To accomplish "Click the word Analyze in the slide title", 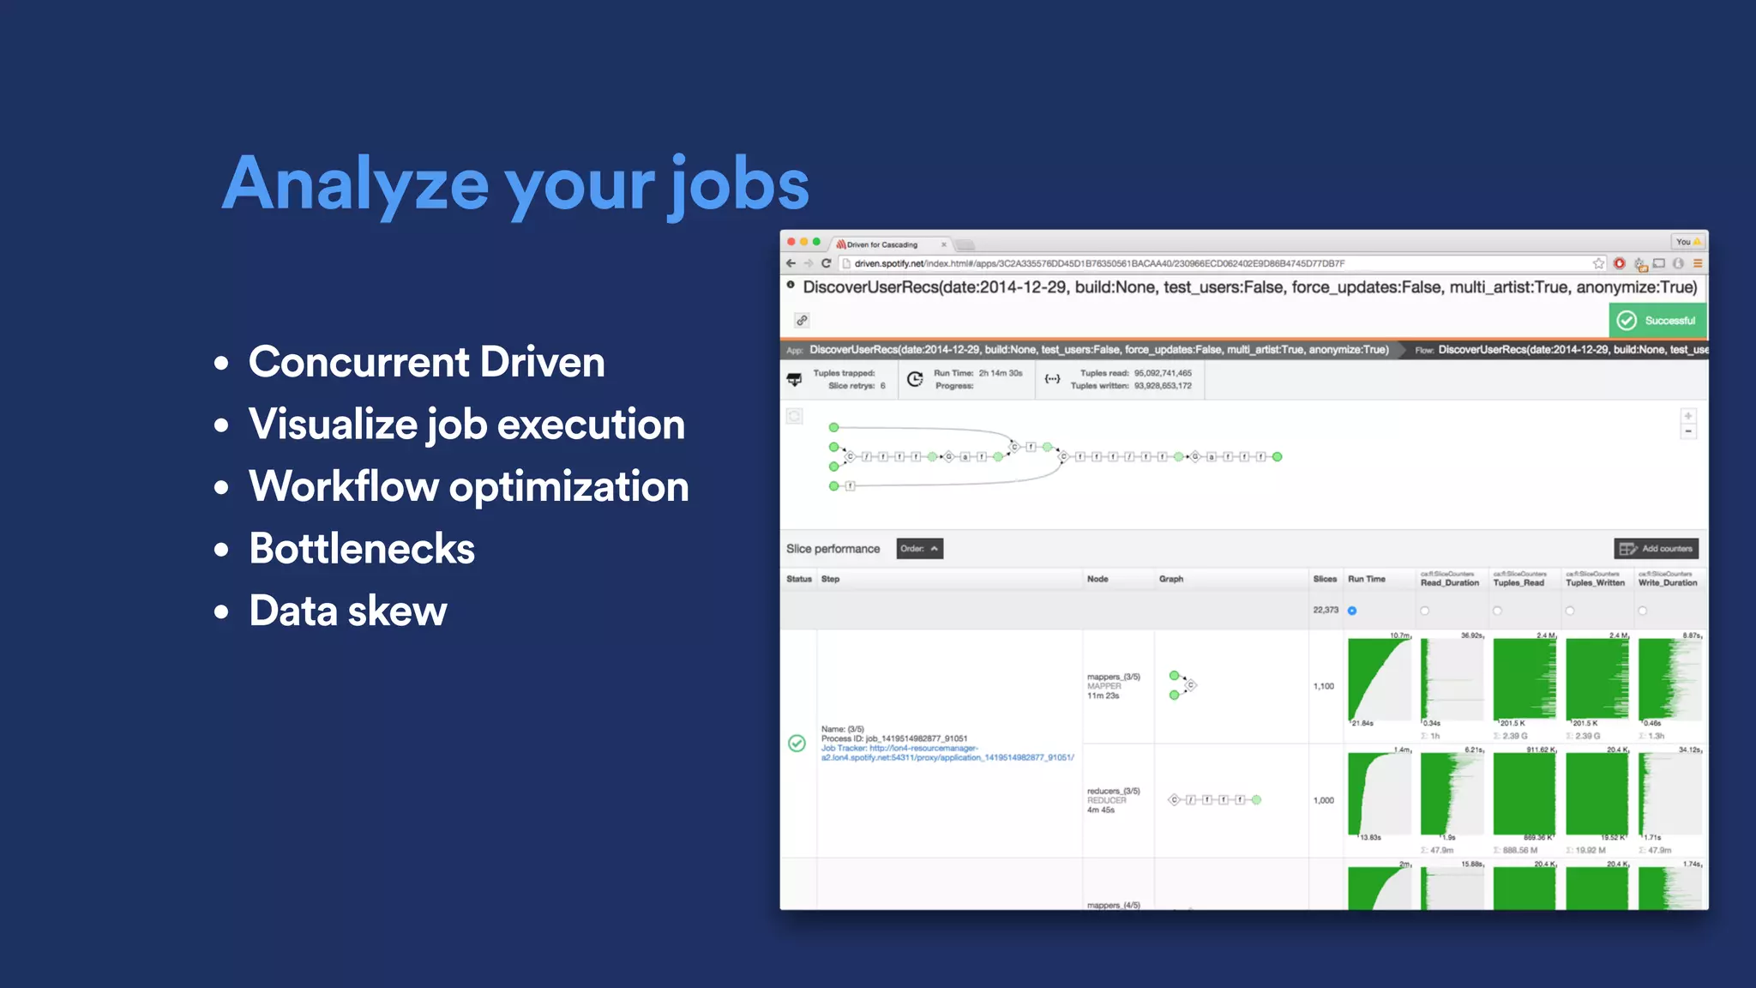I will coord(356,184).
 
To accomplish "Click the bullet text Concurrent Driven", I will coord(426,362).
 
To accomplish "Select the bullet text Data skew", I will coord(347,611).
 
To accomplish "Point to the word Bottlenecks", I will coord(362,549).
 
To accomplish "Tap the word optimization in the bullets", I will coord(569,487).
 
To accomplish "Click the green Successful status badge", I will coord(1657,321).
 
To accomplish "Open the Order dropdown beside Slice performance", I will coord(919,549).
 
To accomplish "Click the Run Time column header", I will coord(1366,579).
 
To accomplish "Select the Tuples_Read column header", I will coord(1518,582).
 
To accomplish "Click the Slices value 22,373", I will coord(1325,610).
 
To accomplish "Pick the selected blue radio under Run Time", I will coord(1352,611).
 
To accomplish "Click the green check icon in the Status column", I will coord(797,743).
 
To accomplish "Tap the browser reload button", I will coord(826,263).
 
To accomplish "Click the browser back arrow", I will coord(791,263).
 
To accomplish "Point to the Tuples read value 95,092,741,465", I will coord(1163,373).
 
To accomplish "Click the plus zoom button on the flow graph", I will coord(1687,416).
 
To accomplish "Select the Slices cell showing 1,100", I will coord(1323,686).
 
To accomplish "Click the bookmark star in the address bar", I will coord(1598,263).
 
